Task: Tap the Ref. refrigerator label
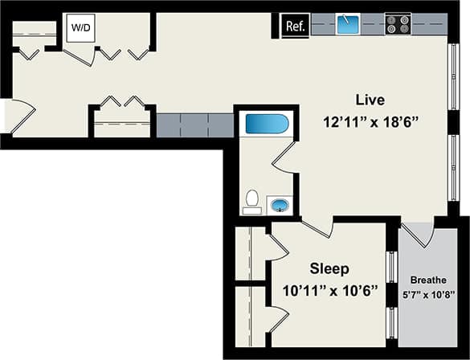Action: click(294, 27)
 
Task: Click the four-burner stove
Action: click(397, 24)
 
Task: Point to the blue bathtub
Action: click(266, 125)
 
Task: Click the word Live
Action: click(370, 100)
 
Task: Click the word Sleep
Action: click(330, 268)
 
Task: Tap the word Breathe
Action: click(427, 280)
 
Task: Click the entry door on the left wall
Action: click(19, 117)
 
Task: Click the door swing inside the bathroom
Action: click(285, 154)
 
